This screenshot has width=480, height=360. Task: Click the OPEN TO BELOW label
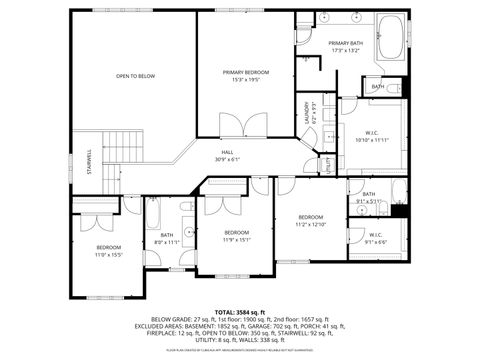135,76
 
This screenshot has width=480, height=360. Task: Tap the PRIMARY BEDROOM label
245,73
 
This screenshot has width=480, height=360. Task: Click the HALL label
227,152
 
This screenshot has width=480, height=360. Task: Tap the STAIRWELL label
89,160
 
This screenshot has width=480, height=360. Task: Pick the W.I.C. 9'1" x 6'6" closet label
375,238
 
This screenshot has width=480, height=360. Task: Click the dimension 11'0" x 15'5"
108,254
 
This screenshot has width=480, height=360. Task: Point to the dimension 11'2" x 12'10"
310,224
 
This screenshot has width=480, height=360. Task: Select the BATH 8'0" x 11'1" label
166,239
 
